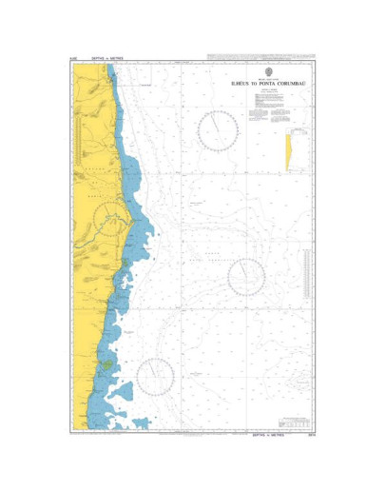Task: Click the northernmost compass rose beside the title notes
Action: click(x=218, y=129)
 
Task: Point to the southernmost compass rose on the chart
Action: click(x=155, y=377)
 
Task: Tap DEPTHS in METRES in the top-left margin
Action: click(x=104, y=60)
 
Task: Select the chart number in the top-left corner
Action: click(x=73, y=60)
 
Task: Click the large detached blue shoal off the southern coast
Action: click(x=122, y=390)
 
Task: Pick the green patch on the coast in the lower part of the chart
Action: click(x=109, y=362)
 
